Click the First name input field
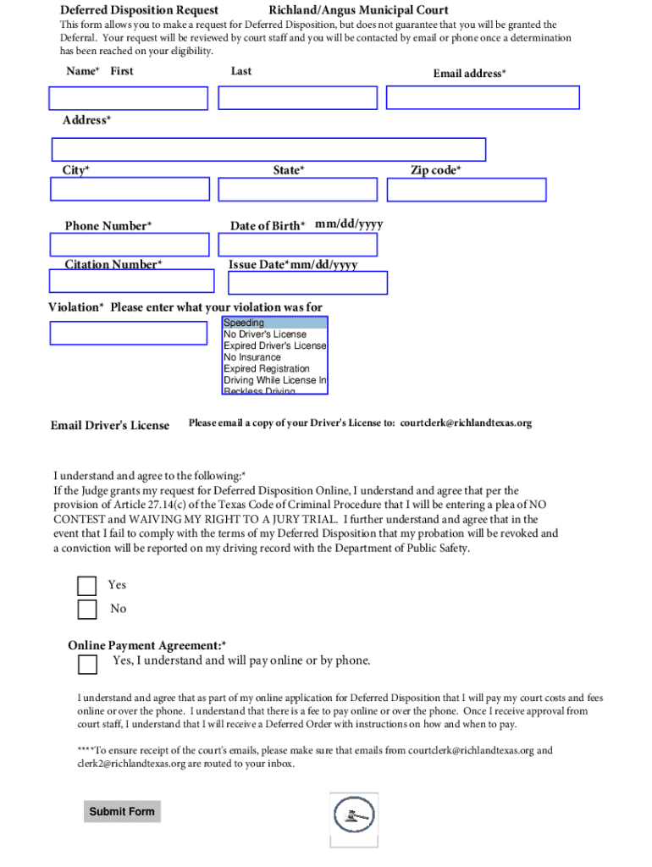coord(129,98)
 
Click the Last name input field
coord(297,98)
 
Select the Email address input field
coord(483,98)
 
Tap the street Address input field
coord(268,150)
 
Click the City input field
coord(130,189)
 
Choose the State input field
coord(297,189)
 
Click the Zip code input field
coord(467,191)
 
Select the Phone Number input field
coord(130,245)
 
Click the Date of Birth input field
coord(297,245)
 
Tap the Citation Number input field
coord(132,281)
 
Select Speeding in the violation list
coord(274,323)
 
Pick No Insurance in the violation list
coord(274,357)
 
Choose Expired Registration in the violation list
coord(274,369)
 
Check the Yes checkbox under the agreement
coord(87,586)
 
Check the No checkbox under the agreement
coord(87,610)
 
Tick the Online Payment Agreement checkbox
coord(87,665)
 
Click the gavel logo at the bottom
coord(354,819)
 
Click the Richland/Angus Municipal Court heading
coord(358,11)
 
